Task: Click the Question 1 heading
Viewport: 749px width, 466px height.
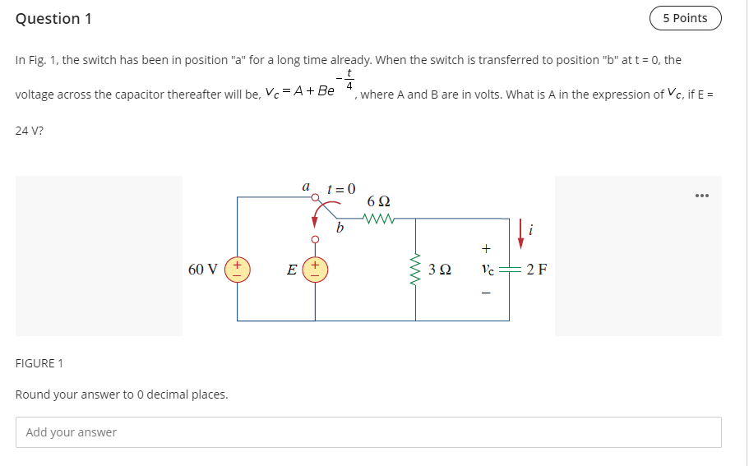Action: point(54,18)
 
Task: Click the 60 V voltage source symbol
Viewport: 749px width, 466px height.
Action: point(238,269)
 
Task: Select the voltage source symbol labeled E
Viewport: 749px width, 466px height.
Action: point(314,269)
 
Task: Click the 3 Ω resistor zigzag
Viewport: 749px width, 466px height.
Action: point(416,269)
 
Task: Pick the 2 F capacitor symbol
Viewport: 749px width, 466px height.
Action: point(509,269)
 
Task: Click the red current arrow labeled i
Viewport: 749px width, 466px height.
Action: point(520,233)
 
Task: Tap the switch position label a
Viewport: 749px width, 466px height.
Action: point(305,187)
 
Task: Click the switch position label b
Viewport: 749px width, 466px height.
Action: point(339,228)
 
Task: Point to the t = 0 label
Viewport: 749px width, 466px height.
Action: point(341,188)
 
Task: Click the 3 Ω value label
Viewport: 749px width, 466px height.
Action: point(440,270)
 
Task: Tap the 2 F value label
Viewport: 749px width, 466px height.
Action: point(537,269)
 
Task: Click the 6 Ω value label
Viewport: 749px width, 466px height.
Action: point(379,201)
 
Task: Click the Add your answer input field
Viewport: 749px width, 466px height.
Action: point(368,432)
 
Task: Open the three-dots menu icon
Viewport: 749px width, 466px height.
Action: point(700,196)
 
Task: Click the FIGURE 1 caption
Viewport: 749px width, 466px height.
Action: point(39,362)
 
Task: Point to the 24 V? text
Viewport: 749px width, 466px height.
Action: point(30,129)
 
